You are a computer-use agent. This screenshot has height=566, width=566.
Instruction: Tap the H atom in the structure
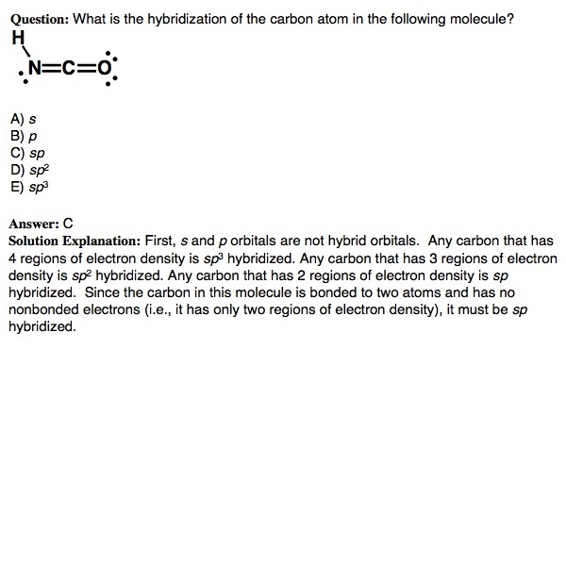[16, 39]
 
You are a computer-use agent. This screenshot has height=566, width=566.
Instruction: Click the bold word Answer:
[32, 225]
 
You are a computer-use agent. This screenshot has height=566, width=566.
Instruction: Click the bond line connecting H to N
[25, 53]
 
